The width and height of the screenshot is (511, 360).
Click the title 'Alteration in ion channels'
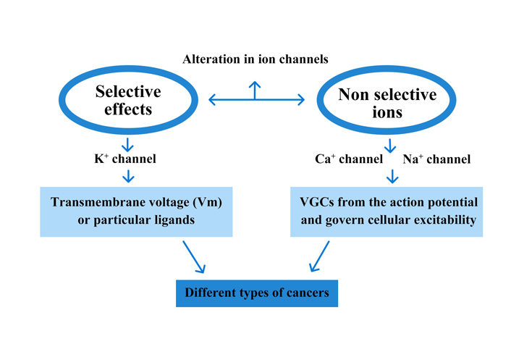tap(255, 59)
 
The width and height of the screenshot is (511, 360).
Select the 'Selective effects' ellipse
tap(128, 69)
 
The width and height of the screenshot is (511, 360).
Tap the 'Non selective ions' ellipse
tap(387, 69)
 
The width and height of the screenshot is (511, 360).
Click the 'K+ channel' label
tap(125, 159)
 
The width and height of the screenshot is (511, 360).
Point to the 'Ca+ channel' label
tap(349, 159)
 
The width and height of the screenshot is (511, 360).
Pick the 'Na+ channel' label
tap(436, 159)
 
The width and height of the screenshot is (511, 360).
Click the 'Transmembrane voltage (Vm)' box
tap(136, 212)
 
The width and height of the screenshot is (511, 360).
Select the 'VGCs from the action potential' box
tap(387, 212)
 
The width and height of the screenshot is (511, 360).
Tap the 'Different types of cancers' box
tap(257, 293)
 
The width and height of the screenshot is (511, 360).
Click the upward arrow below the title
tap(255, 91)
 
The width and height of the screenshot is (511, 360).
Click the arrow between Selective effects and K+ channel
tap(127, 145)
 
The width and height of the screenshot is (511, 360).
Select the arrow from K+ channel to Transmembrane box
tap(128, 176)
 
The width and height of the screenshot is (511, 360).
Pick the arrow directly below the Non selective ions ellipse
tap(390, 146)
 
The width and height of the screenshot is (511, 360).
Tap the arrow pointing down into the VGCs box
tap(392, 177)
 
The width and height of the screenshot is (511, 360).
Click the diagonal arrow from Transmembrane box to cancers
tap(193, 256)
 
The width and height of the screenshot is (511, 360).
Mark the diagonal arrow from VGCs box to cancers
tap(319, 256)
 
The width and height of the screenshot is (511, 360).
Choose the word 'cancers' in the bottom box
tap(308, 293)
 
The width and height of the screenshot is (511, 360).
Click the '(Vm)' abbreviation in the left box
tap(208, 202)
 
